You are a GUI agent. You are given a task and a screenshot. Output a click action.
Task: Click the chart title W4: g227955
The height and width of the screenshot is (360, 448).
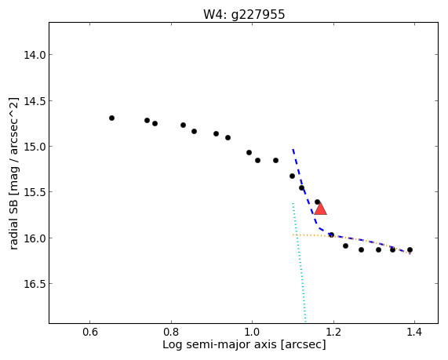pos(244,14)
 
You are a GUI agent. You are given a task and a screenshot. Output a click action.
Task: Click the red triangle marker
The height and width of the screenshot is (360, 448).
pos(320,209)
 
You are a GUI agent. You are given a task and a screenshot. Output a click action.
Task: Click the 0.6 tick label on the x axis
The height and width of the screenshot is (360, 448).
pos(90,333)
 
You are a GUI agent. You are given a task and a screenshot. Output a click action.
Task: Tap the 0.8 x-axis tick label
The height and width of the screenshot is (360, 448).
pos(171,333)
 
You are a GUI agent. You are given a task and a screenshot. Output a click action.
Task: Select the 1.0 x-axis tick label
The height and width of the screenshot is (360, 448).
pos(253,333)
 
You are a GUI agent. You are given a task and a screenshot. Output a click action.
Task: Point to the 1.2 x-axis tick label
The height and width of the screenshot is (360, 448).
pos(333,333)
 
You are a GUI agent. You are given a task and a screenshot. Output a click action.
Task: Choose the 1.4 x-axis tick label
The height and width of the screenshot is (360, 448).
pos(414,333)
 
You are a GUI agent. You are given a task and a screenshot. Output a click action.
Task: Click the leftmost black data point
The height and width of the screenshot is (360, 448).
pos(111,118)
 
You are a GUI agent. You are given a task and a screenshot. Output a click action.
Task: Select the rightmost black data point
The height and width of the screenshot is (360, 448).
pos(410,249)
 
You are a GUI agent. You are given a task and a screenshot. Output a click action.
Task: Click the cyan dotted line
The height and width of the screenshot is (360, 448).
pos(299,262)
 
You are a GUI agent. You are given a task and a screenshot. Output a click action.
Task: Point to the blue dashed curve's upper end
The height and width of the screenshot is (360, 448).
pos(293,149)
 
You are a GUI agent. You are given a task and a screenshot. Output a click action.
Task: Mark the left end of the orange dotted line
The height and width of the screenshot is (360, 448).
pos(293,235)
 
